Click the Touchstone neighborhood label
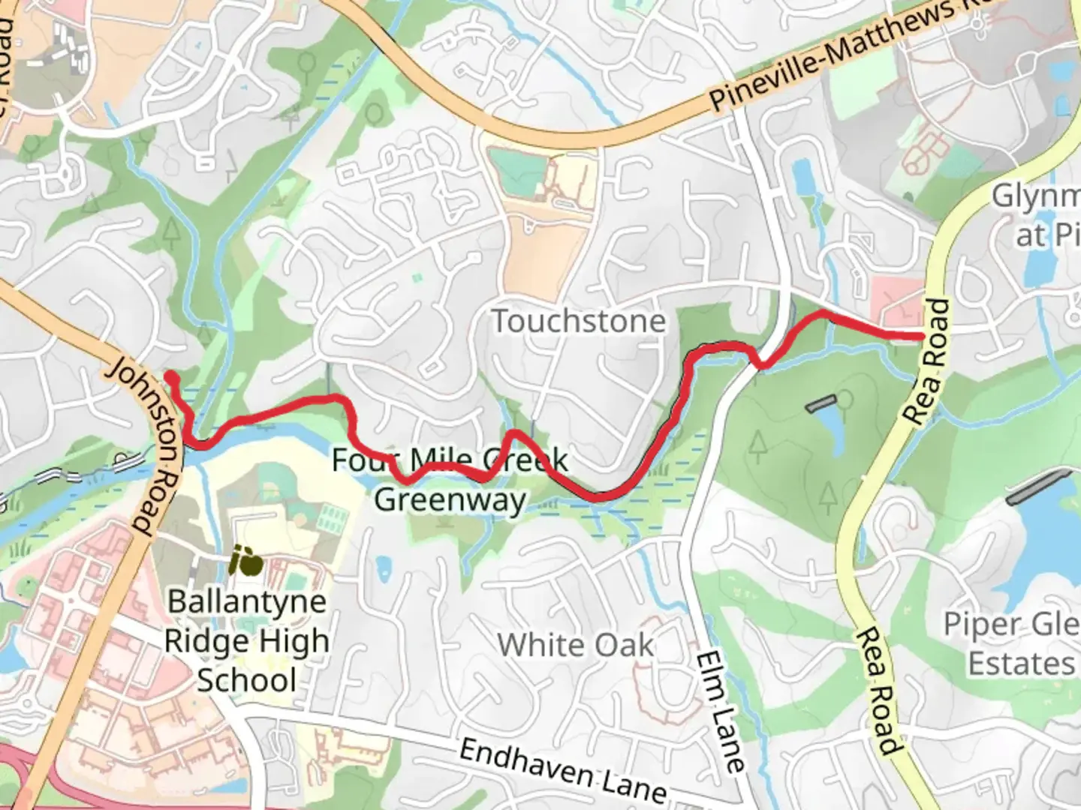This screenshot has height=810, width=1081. (x=578, y=322)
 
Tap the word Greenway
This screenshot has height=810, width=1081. (x=450, y=499)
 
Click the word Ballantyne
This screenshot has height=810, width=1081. (x=247, y=601)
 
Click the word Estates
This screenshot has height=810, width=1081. (x=1020, y=664)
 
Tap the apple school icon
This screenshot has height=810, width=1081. (x=246, y=561)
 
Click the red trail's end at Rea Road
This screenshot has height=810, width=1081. (x=919, y=336)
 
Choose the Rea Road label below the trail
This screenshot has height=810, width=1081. (x=877, y=691)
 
